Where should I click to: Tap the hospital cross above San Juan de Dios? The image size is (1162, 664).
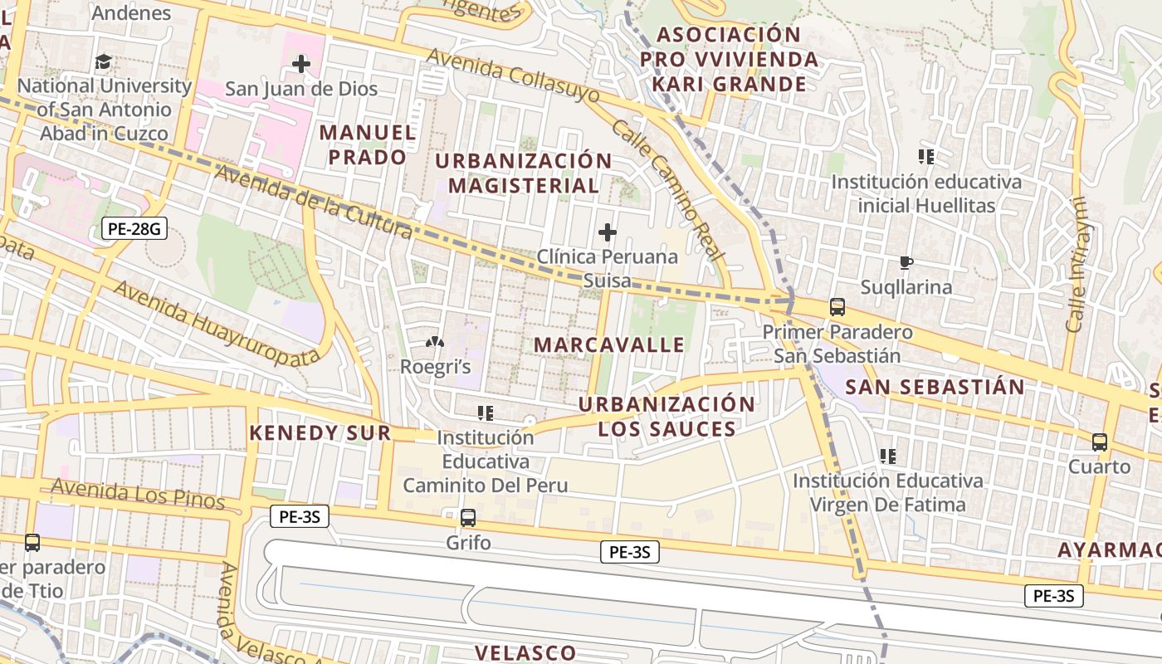coord(301,64)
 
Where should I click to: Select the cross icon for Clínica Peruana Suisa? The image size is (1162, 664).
coord(608,232)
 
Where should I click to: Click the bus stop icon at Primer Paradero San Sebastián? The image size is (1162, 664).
coord(837,307)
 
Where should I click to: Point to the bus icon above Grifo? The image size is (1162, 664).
coord(468,518)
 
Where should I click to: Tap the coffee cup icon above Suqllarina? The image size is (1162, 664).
coord(906,263)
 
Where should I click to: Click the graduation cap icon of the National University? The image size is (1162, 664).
coord(104,61)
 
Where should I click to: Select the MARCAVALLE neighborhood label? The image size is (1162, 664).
coord(609,344)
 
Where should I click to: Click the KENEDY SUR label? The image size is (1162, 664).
coord(320,432)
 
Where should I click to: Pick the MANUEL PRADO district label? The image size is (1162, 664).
coord(368,144)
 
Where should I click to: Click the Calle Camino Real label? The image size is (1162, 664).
coord(668,190)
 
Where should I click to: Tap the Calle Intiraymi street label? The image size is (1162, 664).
coord(1077,265)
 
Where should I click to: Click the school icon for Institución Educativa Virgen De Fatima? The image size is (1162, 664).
coord(888,456)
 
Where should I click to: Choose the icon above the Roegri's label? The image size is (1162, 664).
coord(434,342)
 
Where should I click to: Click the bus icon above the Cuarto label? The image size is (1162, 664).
coord(1100,442)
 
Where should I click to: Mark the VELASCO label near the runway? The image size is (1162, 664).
coord(525,652)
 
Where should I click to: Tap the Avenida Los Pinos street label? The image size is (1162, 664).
coord(138,494)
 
